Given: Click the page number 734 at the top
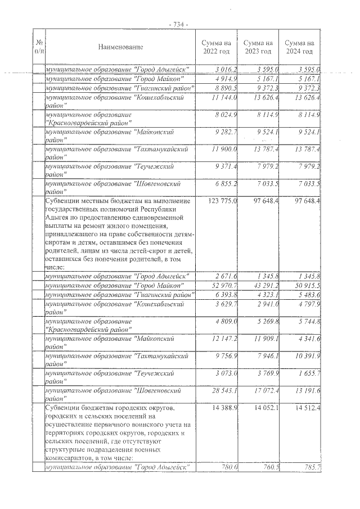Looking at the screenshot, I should click(178, 24).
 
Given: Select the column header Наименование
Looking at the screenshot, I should click(120, 47).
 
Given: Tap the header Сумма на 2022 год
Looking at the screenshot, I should click(216, 47).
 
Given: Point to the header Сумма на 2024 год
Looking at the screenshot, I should click(299, 47).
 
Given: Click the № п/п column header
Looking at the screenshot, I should click(39, 47).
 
